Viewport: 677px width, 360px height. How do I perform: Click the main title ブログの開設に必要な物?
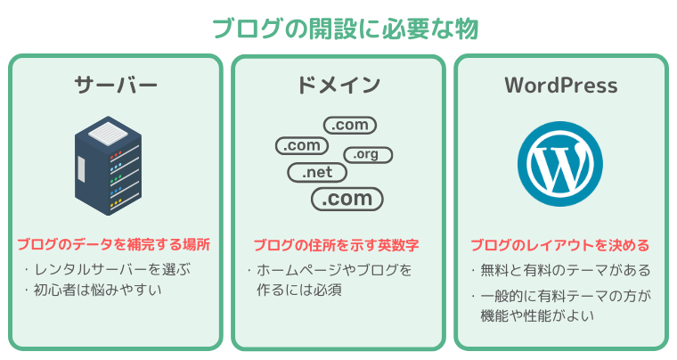tap(346, 29)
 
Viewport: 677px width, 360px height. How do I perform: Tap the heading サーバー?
tap(116, 84)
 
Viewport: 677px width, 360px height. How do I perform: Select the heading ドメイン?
tap(338, 85)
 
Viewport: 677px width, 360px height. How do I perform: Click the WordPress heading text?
tap(561, 85)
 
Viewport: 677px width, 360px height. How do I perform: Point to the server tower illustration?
tap(108, 166)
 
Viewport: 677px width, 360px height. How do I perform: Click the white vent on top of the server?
tap(108, 133)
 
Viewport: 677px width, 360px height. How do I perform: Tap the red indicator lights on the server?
tap(116, 154)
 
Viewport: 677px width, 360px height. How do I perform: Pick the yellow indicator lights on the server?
tap(116, 202)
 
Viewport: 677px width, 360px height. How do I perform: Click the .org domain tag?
tap(368, 154)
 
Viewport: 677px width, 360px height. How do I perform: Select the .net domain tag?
tap(317, 173)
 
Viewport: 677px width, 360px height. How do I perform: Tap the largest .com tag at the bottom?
tap(347, 199)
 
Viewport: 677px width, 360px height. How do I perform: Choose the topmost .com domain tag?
tap(350, 125)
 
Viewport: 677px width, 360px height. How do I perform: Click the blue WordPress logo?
tap(560, 164)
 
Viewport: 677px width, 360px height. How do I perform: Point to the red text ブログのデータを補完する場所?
tap(113, 245)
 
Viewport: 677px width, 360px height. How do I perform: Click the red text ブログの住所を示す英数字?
tap(336, 245)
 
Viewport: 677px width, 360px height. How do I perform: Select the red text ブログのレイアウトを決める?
tap(560, 245)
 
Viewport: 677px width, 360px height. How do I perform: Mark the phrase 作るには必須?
tap(299, 290)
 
